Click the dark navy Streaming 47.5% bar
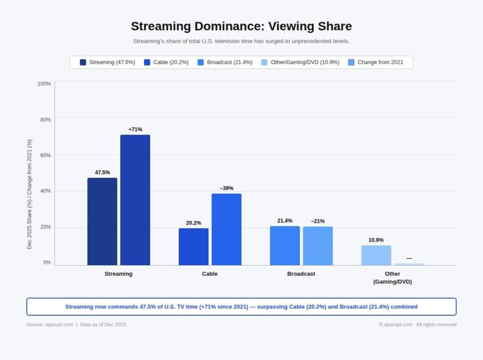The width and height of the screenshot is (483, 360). click(x=102, y=221)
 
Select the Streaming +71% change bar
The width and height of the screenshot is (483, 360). click(x=135, y=200)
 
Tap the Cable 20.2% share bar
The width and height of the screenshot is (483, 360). click(x=193, y=247)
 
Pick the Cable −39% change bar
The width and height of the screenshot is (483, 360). click(x=226, y=229)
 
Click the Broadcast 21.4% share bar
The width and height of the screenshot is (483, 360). click(x=285, y=245)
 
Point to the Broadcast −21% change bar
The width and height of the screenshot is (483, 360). click(x=317, y=246)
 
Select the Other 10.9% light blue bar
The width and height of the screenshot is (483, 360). click(x=376, y=255)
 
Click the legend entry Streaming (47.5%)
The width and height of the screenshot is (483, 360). click(x=108, y=62)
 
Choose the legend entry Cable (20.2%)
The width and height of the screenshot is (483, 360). click(x=167, y=62)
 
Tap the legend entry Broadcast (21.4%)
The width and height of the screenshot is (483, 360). click(x=225, y=62)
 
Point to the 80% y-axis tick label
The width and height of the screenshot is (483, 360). click(x=44, y=120)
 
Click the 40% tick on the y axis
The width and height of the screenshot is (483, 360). click(x=44, y=191)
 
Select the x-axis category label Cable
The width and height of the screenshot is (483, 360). click(x=210, y=274)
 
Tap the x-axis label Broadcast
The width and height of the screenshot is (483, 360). click(x=301, y=274)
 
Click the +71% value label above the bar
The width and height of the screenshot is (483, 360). click(x=135, y=129)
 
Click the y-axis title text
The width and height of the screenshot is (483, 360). click(x=29, y=194)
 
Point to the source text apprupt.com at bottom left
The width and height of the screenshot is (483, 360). click(x=59, y=325)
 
